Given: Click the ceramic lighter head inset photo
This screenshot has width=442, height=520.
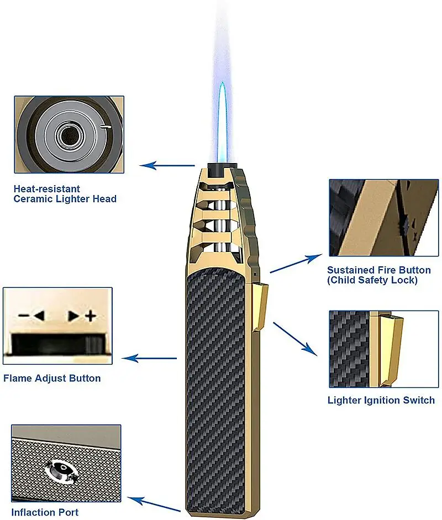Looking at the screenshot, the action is [69, 134].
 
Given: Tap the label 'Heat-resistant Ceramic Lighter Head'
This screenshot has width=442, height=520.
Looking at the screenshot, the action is [65, 194].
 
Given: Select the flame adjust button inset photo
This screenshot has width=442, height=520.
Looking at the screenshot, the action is [57, 325].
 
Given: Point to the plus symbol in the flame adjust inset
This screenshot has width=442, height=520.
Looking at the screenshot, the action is [91, 317].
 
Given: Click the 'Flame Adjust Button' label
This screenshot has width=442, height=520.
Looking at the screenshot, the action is [52, 379].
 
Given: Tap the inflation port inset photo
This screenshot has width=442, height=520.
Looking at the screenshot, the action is [66, 463].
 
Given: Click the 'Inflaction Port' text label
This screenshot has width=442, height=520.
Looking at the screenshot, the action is [45, 512].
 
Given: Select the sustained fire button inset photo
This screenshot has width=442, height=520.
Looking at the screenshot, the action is [383, 217].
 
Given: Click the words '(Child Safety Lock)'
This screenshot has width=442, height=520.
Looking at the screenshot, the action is [372, 280].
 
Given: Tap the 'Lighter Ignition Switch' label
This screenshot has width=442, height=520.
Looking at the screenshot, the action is [381, 400].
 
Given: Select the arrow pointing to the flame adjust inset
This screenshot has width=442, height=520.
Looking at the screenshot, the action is [149, 358].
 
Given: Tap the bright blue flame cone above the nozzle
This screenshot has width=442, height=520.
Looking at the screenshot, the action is [222, 122].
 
